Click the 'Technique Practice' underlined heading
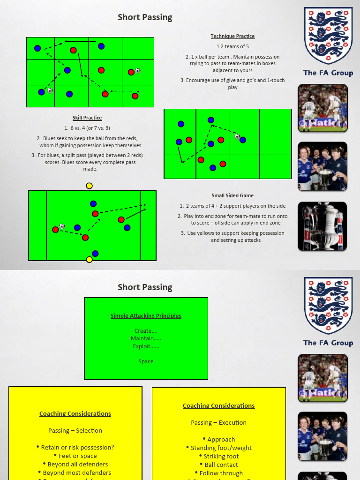[x=232, y=36]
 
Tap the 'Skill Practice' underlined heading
[x=87, y=118]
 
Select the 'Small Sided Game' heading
[x=232, y=195]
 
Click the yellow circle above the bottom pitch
[x=90, y=186]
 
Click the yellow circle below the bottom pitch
[x=90, y=260]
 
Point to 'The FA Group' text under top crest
[x=328, y=73]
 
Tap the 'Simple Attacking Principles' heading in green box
[x=146, y=316]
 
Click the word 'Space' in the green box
[x=146, y=361]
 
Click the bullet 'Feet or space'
[x=78, y=456]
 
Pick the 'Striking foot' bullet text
[x=221, y=456]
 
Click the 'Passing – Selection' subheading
[x=75, y=430]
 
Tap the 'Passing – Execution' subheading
[x=218, y=422]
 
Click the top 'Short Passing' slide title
[x=145, y=17]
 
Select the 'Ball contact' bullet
[x=221, y=465]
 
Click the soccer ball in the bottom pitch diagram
[x=62, y=226]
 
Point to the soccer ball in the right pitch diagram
[x=237, y=136]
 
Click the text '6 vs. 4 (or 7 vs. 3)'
[x=87, y=128]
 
